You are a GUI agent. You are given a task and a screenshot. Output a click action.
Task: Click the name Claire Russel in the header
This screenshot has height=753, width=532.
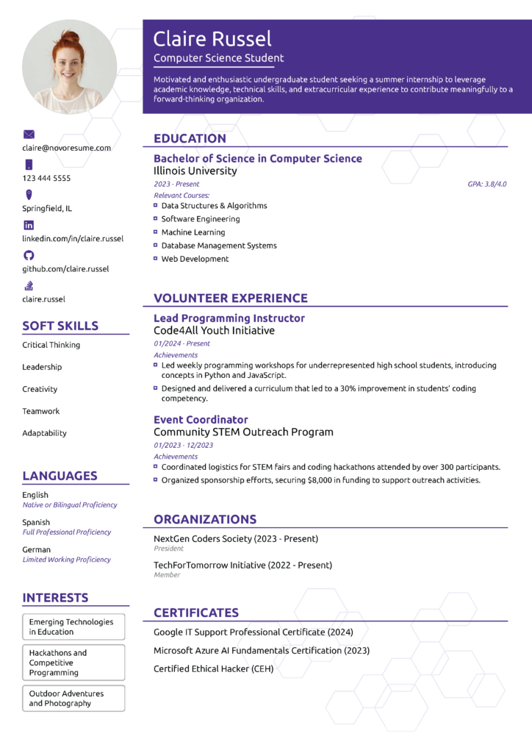pos(212,39)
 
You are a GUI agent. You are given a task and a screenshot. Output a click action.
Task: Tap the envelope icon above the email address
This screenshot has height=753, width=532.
pos(29,135)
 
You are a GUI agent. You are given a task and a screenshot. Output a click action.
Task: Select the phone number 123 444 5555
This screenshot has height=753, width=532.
pos(46,178)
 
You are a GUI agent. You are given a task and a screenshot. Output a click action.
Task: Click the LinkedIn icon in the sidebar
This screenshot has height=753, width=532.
pos(29,225)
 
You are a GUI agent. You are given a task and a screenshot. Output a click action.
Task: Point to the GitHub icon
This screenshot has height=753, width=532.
pos(29,255)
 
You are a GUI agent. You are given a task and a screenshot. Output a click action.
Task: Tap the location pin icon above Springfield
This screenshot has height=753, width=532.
pos(29,195)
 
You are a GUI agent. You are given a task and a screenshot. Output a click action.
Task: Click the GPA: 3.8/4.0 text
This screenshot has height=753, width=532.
pos(487,184)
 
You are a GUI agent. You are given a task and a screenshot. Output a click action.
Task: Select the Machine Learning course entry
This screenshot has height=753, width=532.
pos(193,232)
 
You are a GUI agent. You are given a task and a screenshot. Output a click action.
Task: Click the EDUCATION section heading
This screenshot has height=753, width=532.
pos(190,138)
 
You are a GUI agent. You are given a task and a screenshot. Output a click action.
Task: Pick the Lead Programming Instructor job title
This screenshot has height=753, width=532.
pos(229,318)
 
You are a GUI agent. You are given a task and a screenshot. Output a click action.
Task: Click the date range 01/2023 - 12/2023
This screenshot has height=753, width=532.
pos(184,445)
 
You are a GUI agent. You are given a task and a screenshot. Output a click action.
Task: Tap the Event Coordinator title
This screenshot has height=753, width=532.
pos(201,420)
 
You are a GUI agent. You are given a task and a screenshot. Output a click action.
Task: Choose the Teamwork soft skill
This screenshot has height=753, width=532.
pos(41,411)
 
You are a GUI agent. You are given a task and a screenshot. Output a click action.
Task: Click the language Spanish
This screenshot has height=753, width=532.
pos(36,522)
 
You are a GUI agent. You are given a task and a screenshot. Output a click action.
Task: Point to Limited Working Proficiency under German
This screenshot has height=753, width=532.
pos(67,560)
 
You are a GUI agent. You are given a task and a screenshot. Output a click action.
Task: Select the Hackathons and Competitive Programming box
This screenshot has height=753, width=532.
pos(73,663)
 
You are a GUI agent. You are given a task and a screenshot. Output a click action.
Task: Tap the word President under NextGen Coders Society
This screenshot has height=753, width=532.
pos(168,549)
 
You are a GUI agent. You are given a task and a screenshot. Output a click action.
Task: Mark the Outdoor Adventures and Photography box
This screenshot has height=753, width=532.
pos(73,699)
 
